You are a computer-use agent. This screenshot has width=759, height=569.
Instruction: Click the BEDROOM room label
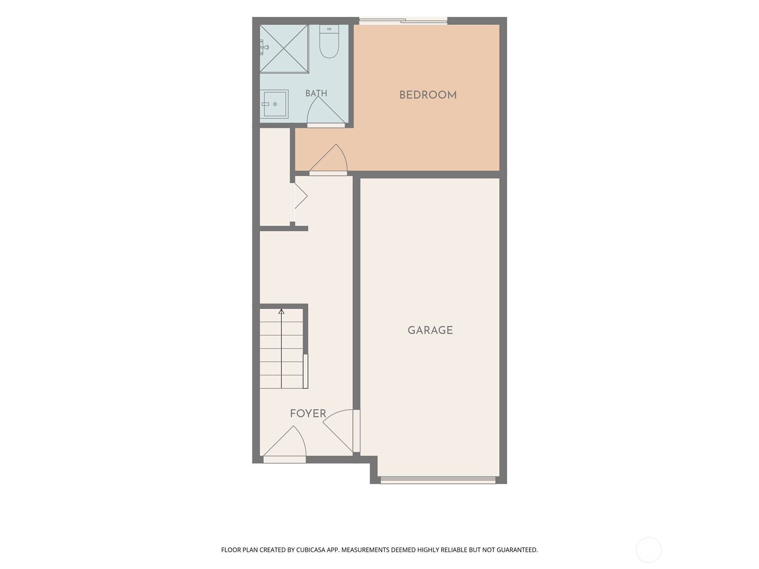428,95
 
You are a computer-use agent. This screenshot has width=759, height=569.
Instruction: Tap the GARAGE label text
430,330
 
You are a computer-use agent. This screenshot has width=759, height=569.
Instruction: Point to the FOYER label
308,413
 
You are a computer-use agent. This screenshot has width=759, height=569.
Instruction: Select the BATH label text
316,93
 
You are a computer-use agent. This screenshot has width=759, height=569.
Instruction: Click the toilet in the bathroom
329,41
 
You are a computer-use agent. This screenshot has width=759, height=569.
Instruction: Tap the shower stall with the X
284,49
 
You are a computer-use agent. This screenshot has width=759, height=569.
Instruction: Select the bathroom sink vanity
274,104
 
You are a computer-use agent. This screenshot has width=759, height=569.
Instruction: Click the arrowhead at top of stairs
281,312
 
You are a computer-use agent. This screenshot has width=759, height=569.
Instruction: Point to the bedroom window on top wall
403,21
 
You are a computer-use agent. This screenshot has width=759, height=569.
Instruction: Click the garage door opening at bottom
438,480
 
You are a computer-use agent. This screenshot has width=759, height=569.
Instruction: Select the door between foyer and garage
341,431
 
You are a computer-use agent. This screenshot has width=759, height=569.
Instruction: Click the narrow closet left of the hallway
275,177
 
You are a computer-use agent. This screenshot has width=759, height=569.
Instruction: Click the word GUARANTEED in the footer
517,550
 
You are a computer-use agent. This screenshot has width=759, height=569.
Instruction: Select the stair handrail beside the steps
305,371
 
